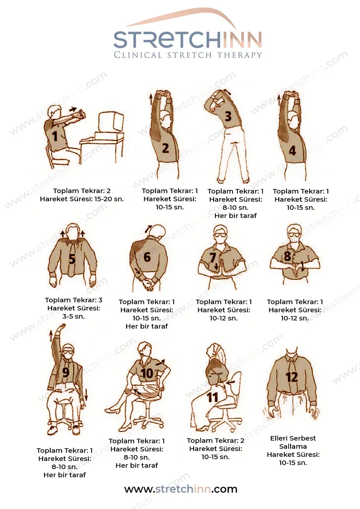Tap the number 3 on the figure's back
228,116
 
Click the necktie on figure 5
72,257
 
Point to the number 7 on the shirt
213,257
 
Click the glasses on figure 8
294,234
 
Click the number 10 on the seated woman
147,373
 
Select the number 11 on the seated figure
213,397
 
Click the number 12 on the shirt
292,377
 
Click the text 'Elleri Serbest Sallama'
293,442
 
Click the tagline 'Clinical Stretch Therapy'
188,55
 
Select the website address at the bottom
181,489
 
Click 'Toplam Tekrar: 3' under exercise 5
74,300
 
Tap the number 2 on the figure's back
165,148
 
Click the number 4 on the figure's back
292,150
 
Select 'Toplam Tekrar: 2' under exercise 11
215,441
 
